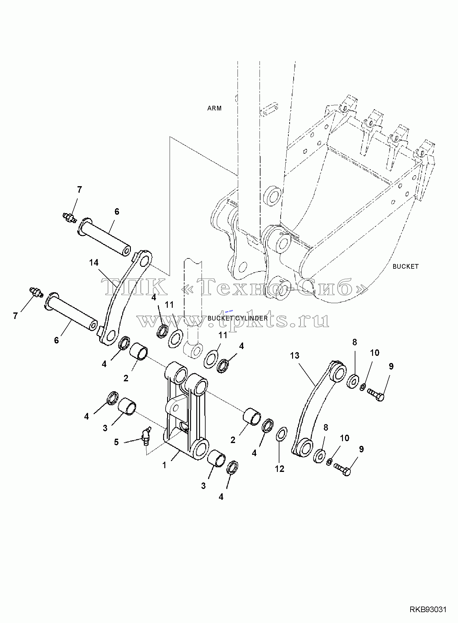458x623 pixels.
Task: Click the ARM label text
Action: [x=214, y=108]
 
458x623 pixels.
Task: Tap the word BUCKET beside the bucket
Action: [x=406, y=267]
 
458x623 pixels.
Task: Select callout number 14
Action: [x=94, y=263]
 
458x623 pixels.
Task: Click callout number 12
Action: [x=279, y=469]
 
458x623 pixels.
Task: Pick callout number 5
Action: [x=116, y=442]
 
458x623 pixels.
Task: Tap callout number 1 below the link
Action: [x=164, y=465]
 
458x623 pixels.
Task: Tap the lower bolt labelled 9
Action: [x=342, y=469]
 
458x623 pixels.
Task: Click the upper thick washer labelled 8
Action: [x=353, y=381]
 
